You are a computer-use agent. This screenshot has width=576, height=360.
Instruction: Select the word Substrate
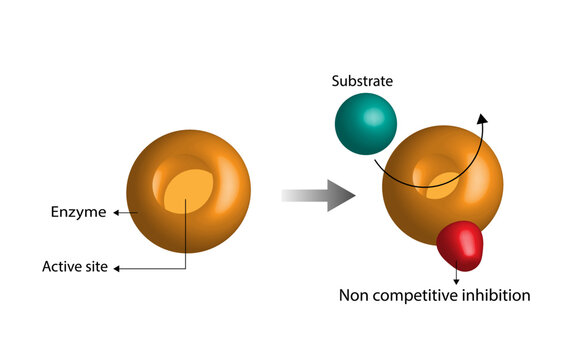click(x=364, y=80)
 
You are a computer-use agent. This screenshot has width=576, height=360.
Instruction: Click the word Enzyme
click(x=78, y=212)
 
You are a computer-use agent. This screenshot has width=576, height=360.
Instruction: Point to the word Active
click(x=60, y=267)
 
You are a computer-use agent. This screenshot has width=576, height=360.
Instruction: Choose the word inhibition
click(x=493, y=295)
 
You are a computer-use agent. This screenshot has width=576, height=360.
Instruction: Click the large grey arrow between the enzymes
click(x=318, y=196)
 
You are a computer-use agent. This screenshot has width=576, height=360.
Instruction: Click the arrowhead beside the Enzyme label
click(x=115, y=212)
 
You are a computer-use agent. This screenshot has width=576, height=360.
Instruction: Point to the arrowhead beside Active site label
click(x=119, y=267)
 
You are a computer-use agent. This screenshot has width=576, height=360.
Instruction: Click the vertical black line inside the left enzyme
click(x=187, y=230)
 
